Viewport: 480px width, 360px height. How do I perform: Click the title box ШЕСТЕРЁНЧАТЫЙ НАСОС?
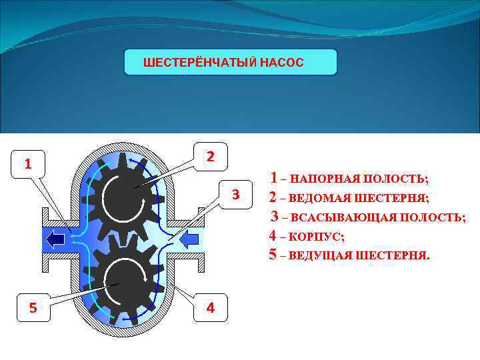(231, 62)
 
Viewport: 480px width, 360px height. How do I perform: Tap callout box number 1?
(27, 163)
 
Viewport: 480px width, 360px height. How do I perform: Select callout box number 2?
(210, 157)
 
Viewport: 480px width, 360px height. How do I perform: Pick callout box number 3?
(235, 195)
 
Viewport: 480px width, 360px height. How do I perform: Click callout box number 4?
(211, 308)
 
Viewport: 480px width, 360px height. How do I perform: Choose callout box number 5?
(33, 307)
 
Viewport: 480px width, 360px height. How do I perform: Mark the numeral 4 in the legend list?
(273, 235)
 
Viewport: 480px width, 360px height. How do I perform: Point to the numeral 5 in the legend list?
(273, 254)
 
